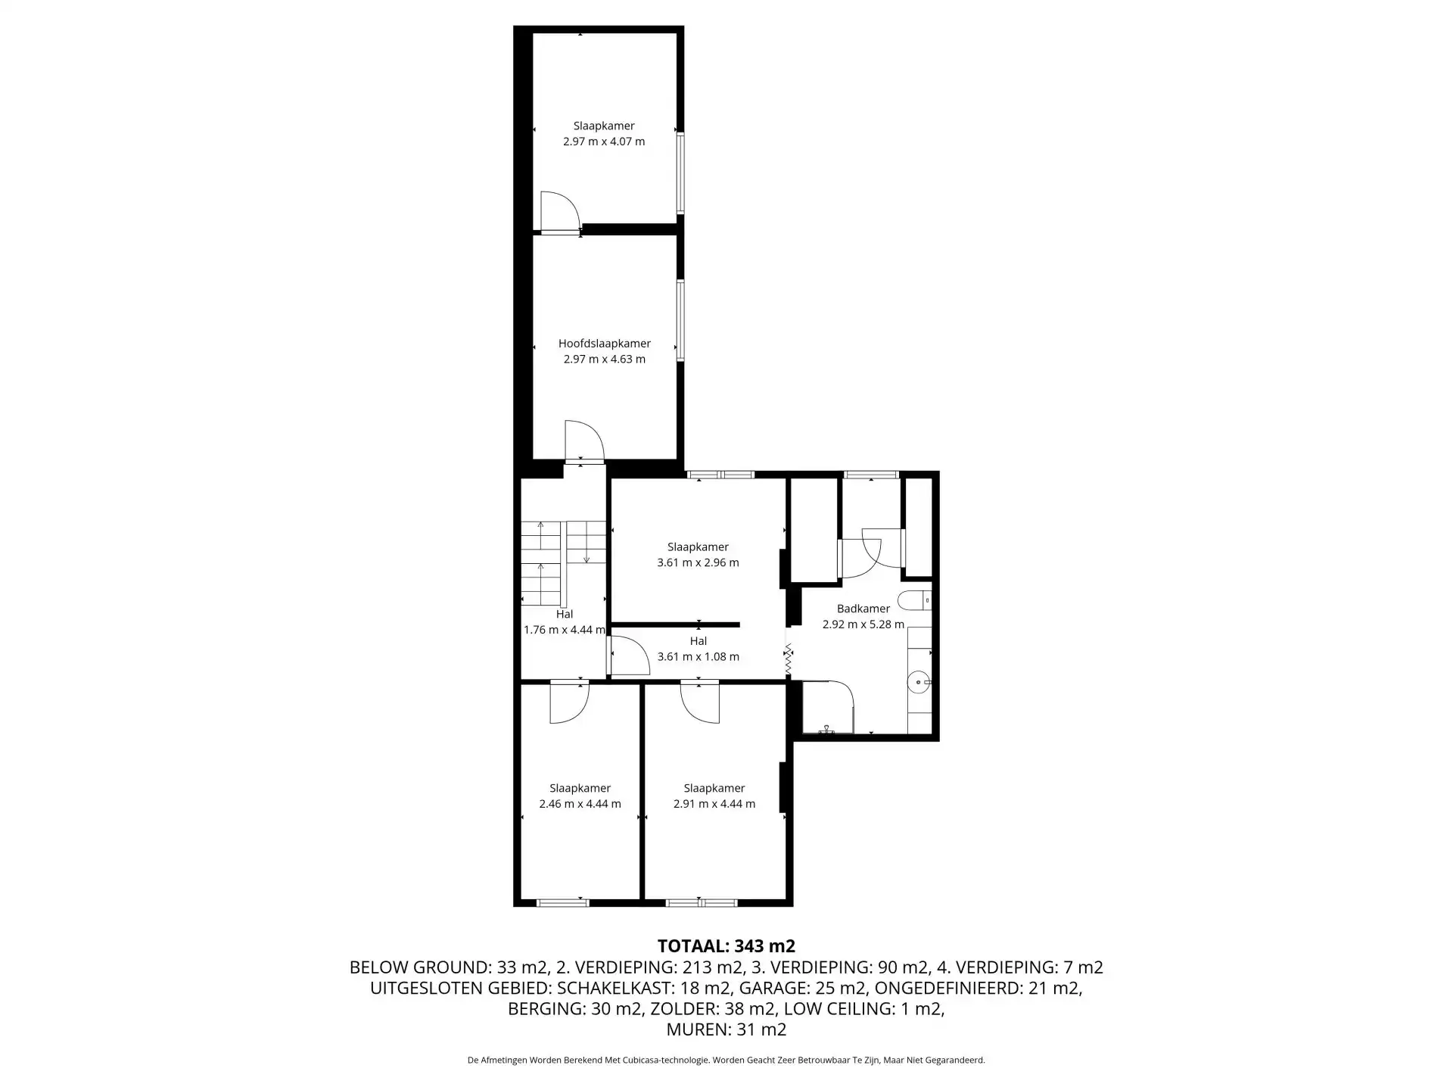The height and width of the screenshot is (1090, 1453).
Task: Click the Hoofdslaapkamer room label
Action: (605, 343)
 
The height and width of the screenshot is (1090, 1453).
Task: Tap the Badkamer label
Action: (863, 609)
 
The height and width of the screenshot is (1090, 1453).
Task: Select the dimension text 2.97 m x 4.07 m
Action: (604, 142)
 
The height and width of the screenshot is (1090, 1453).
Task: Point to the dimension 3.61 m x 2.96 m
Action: (698, 562)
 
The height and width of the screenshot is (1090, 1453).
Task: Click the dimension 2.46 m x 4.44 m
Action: (580, 804)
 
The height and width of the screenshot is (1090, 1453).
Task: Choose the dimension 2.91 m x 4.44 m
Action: (714, 804)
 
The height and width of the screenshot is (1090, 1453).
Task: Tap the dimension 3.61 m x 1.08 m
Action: (698, 656)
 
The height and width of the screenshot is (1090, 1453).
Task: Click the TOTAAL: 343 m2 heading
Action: (726, 946)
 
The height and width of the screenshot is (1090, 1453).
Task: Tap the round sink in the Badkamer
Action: (919, 683)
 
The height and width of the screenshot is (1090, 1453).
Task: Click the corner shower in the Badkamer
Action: (827, 708)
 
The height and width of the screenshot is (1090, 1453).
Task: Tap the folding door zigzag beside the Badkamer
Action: (788, 660)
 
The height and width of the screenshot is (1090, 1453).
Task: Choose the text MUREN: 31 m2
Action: (726, 1029)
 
